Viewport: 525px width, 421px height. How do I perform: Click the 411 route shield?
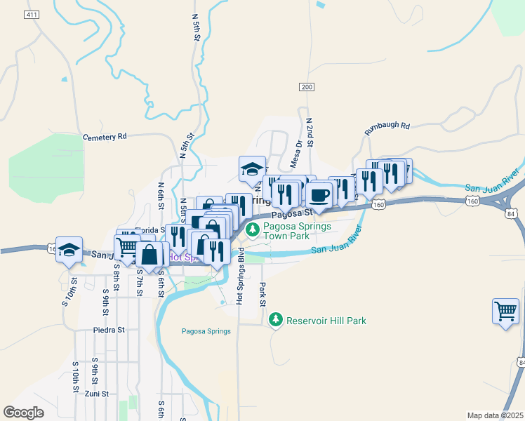tap(31, 15)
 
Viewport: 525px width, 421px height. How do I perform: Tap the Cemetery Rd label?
tap(104, 137)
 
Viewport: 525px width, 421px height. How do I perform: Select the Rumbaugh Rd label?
tap(387, 128)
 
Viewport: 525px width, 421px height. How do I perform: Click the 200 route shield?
tap(306, 86)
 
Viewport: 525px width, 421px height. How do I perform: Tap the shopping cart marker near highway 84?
tap(506, 310)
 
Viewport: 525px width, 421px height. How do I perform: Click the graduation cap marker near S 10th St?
tap(69, 250)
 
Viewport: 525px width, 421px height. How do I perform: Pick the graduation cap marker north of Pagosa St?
tap(253, 169)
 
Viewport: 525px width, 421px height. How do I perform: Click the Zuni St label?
tap(97, 394)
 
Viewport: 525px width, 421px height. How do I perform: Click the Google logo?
tap(25, 413)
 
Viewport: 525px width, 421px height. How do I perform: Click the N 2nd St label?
tap(309, 132)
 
